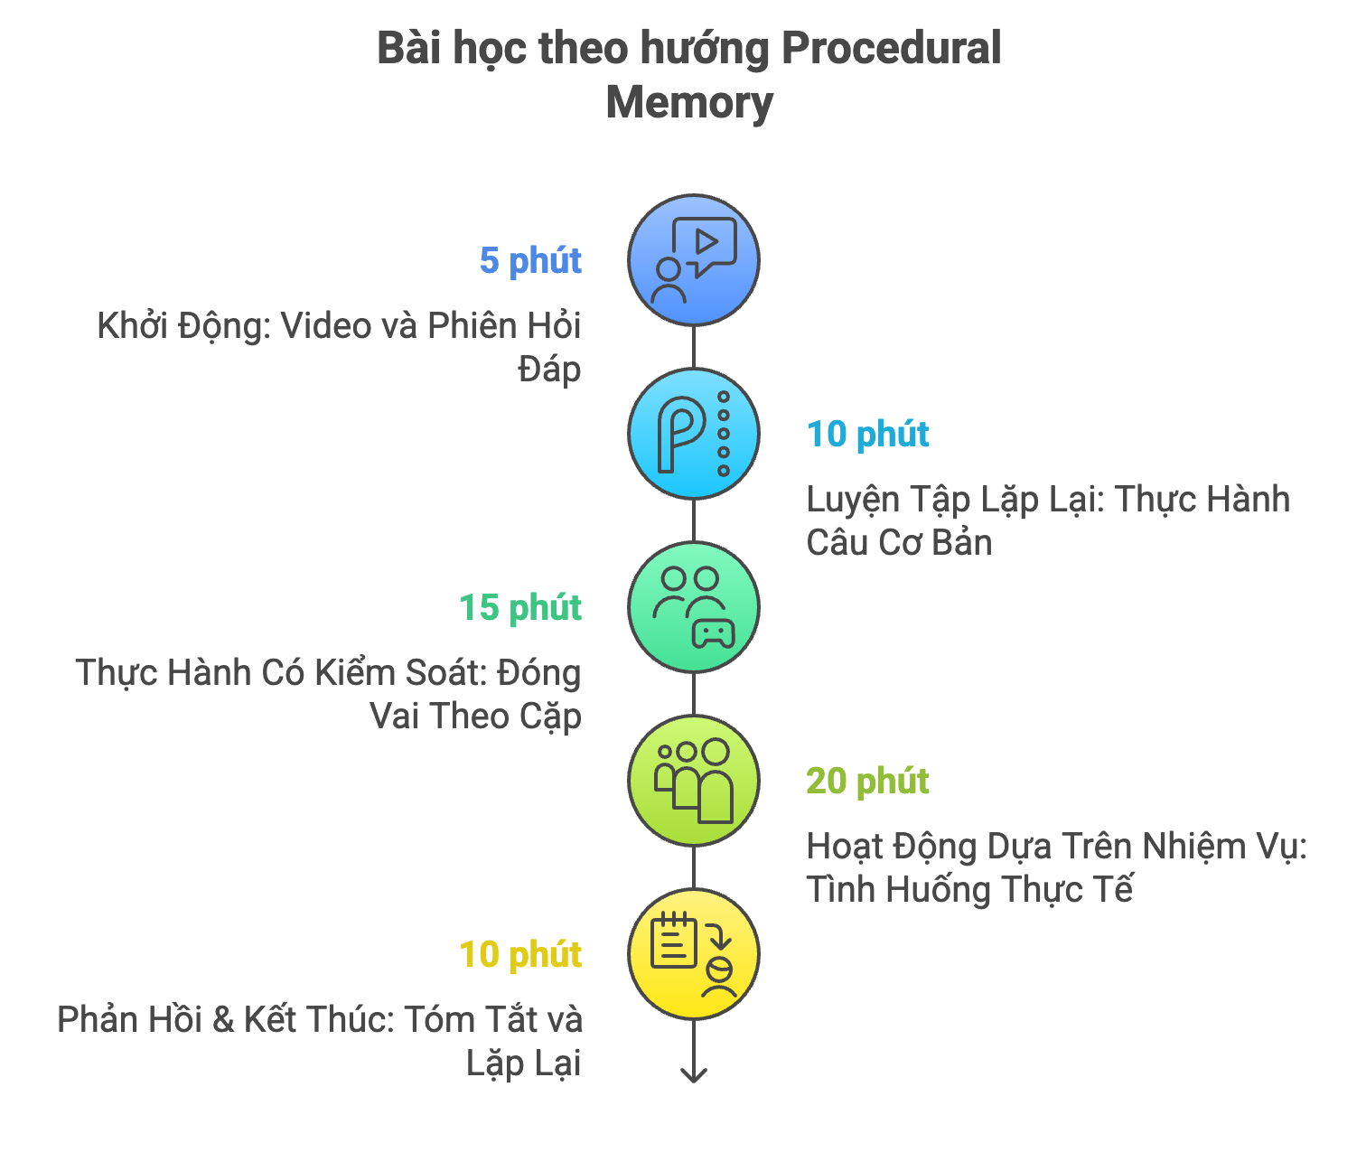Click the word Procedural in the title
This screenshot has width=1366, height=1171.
[890, 49]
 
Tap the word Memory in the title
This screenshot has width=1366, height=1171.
[689, 102]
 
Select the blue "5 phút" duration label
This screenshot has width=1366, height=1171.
[530, 260]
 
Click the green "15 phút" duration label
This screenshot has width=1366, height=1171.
[520, 607]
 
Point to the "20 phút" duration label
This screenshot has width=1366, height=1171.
[867, 781]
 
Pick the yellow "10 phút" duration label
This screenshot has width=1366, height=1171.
[520, 954]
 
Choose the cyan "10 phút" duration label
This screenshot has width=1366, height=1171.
[867, 435]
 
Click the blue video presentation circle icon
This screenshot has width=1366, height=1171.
[693, 260]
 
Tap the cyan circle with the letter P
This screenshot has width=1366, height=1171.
[693, 435]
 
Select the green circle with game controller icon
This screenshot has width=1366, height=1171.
[693, 607]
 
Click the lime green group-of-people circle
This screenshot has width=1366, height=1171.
[693, 781]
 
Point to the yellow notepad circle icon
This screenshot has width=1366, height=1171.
[693, 954]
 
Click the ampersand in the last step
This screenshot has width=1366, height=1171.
[223, 1020]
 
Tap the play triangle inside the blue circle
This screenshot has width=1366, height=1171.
[706, 242]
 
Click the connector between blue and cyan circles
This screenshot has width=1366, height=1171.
[693, 347]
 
